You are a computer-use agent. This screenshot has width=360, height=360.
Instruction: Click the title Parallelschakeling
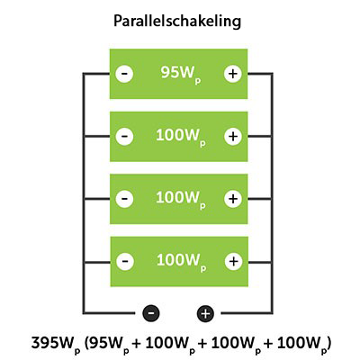coord(180,19)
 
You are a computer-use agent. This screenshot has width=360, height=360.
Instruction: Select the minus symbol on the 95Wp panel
coord(125,74)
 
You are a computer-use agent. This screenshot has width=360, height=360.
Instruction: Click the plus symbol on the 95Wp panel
coord(233,74)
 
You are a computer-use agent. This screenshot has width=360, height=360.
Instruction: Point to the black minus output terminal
coord(151,313)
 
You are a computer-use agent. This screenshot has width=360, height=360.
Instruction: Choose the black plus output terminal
coord(205,313)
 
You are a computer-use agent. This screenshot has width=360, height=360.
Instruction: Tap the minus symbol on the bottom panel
coord(125,261)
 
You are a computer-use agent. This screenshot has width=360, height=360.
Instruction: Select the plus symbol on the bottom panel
coord(233,261)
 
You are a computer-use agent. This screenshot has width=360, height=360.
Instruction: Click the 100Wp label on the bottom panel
coord(180,261)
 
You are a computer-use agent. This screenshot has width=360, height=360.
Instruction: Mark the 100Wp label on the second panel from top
coord(180,137)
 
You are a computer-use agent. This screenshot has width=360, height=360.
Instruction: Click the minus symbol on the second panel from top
coord(125,137)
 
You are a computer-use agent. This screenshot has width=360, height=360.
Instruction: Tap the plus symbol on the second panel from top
coord(233,137)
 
